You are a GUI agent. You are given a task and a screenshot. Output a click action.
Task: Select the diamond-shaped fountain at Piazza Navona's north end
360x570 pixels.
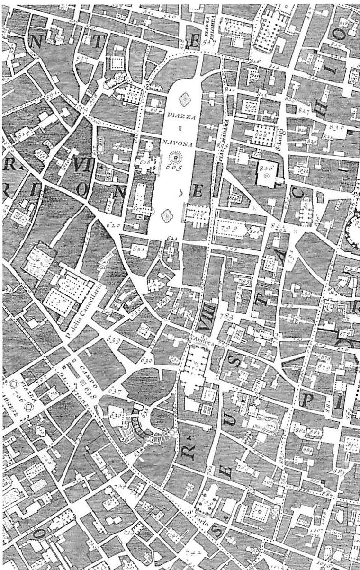coord(184,99)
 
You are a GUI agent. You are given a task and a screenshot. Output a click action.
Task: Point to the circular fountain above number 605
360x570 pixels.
coord(176,155)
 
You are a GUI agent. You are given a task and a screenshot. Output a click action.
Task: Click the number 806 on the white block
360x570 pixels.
coord(266,167)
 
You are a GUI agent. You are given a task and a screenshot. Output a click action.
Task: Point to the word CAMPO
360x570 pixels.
coord(81,371)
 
